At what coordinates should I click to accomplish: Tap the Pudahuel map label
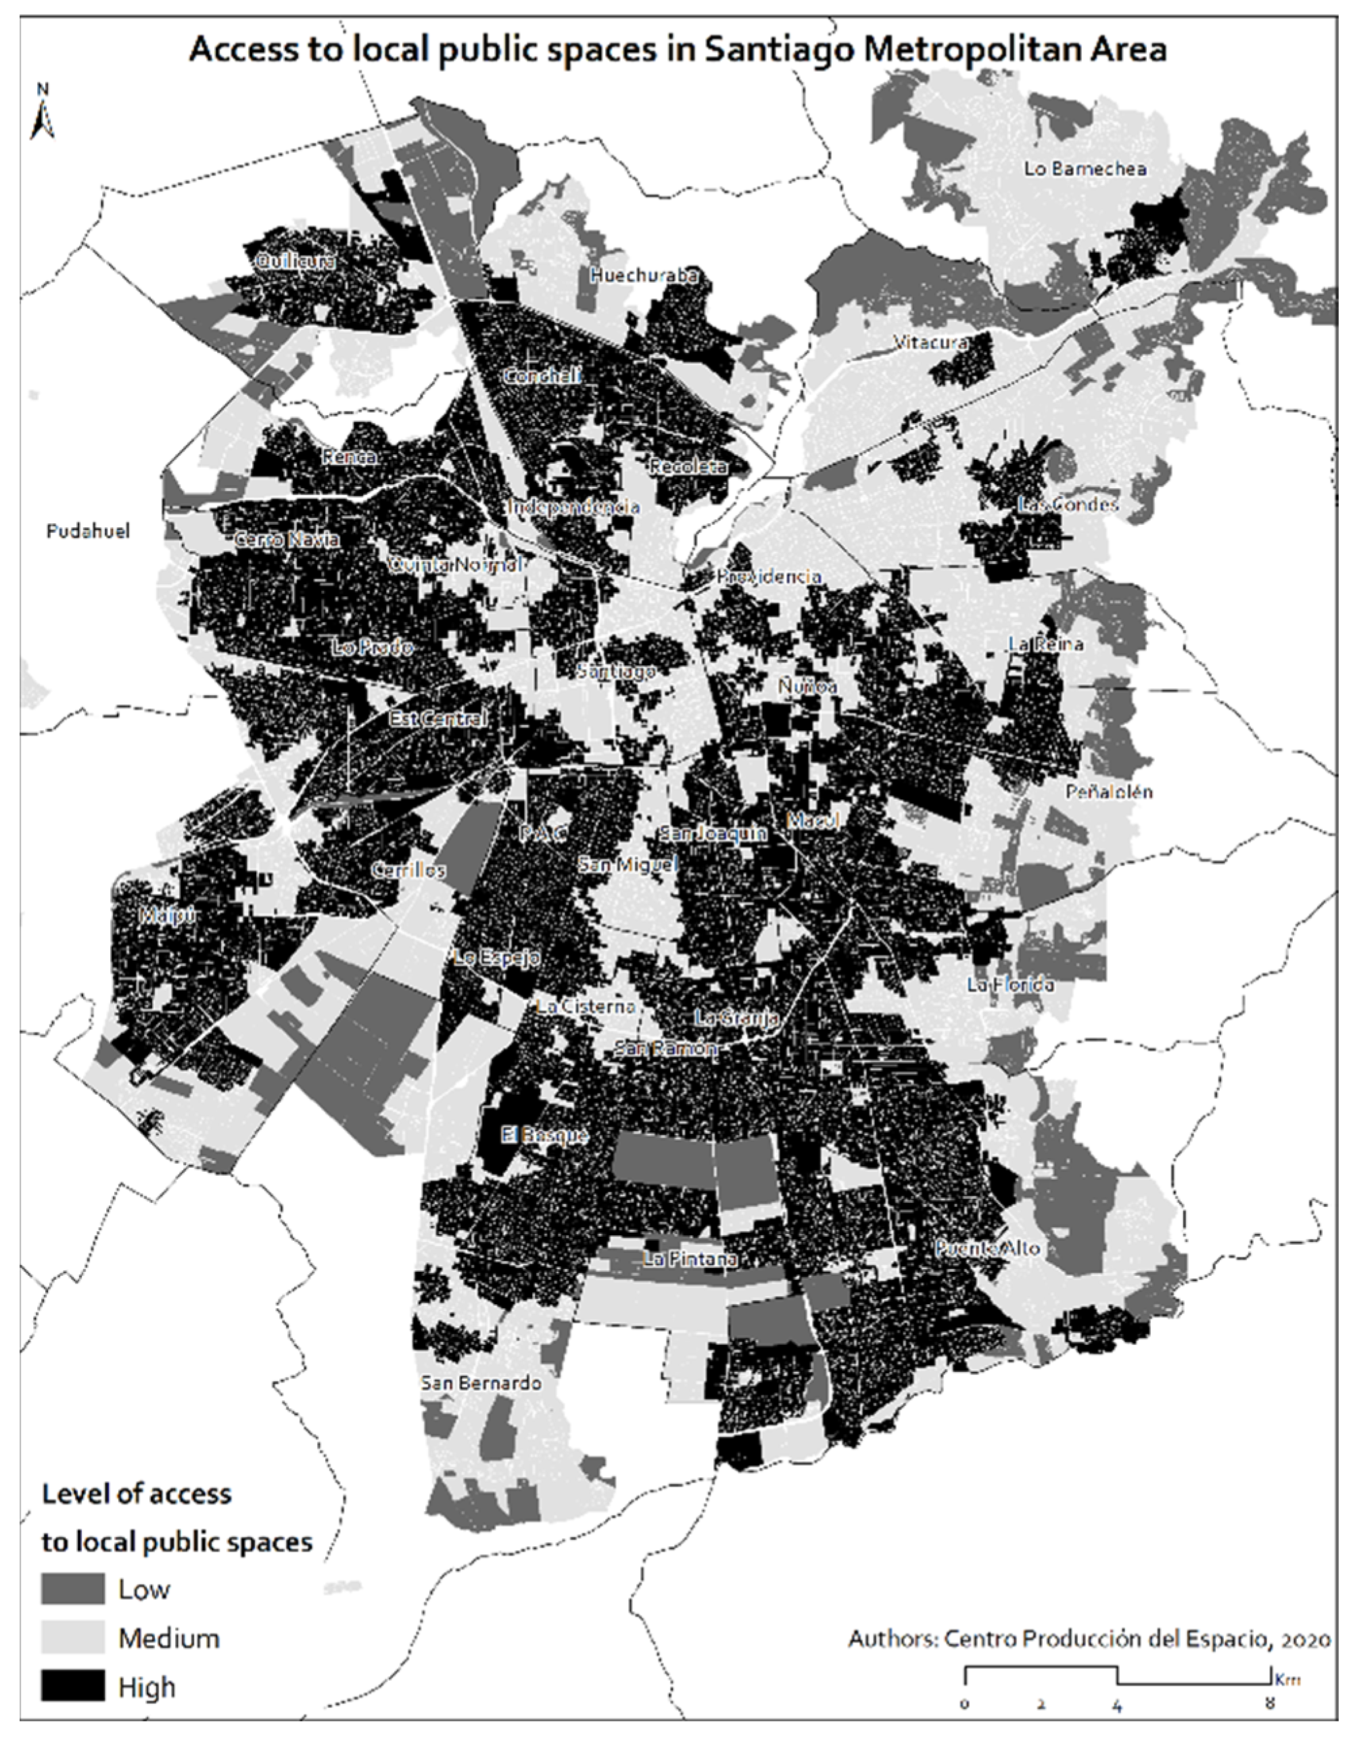tap(88, 531)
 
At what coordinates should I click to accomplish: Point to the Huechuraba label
tap(644, 275)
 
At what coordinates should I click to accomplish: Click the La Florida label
tap(1010, 985)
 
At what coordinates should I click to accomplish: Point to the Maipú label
tap(167, 915)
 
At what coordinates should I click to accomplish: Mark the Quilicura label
tap(291, 260)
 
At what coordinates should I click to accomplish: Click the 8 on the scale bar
tap(1269, 1704)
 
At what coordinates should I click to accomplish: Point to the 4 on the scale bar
tap(1117, 1704)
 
